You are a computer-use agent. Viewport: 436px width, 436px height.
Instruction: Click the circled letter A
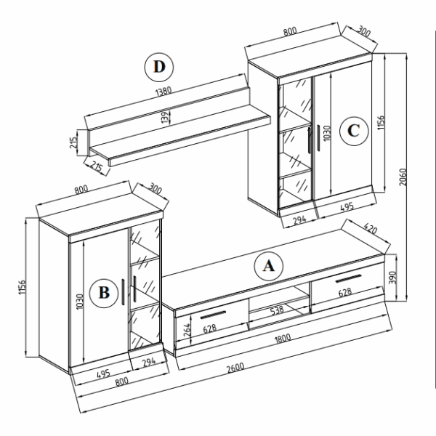pos(269,266)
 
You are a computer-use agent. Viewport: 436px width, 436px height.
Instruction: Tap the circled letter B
pos(104,293)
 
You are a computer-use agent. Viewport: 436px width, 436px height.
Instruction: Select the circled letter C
pos(354,131)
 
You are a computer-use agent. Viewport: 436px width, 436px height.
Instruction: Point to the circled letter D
pos(159,68)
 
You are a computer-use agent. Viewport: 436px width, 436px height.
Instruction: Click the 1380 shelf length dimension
pos(163,92)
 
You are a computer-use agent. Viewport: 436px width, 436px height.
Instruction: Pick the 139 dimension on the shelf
pos(165,117)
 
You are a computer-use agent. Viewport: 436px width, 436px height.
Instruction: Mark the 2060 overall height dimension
pos(403,177)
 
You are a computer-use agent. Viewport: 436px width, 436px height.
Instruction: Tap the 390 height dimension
pos(392,277)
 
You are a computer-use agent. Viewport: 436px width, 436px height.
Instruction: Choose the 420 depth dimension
pos(370,230)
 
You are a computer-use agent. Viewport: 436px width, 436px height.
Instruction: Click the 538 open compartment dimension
pos(277,310)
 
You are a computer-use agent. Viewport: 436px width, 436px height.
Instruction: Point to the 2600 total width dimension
pos(235,368)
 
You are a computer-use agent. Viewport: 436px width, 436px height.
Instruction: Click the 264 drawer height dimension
pos(187,330)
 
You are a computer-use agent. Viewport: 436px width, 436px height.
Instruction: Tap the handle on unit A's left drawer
pos(213,315)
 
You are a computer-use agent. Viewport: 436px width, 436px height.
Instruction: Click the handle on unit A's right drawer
pos(348,278)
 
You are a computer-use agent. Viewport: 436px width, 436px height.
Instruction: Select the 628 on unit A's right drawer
pos(344,293)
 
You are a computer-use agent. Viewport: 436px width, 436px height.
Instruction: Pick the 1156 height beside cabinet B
pos(22,287)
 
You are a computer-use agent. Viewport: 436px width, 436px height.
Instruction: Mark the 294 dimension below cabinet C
pos(299,220)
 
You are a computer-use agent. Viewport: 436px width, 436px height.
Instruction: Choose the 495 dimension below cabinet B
pos(103,374)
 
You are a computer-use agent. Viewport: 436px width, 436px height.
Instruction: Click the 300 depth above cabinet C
pos(363,31)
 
